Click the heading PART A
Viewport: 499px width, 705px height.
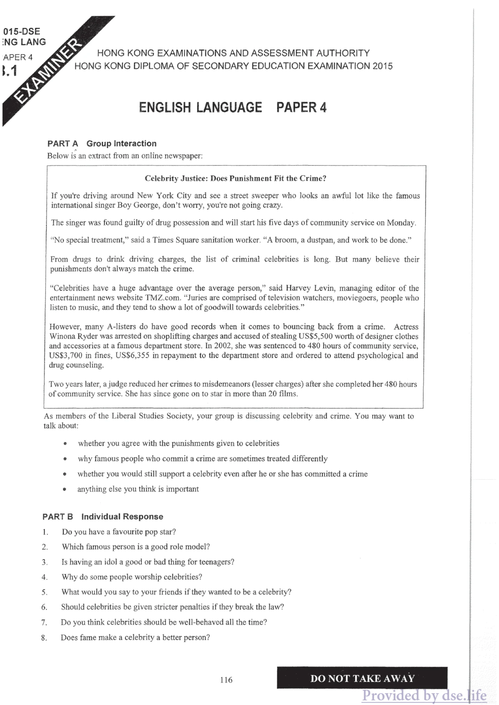(63, 143)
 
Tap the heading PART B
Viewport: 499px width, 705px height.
(58, 517)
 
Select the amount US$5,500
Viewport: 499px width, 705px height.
(316, 336)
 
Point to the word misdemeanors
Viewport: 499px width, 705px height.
(227, 384)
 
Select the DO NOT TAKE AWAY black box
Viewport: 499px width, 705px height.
(362, 678)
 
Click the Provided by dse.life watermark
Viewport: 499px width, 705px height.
(424, 695)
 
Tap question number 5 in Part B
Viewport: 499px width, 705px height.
(45, 592)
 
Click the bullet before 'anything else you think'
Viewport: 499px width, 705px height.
(65, 489)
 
